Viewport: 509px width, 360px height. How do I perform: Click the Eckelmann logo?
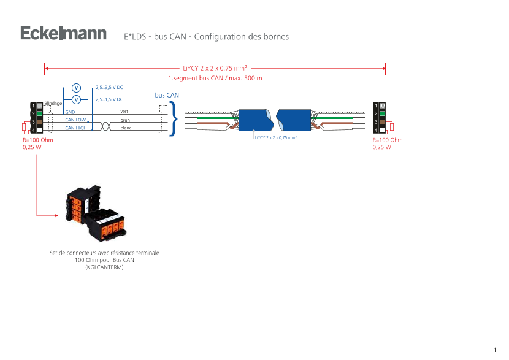coord(63,34)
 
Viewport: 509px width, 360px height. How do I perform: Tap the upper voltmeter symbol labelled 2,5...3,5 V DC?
coord(76,88)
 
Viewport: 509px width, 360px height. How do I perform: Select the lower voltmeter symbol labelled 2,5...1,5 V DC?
coord(76,99)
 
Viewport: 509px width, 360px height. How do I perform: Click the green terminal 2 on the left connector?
coord(39,113)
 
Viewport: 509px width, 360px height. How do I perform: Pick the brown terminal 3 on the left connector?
coord(39,122)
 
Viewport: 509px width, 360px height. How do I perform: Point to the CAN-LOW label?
coord(76,120)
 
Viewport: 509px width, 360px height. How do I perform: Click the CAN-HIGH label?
coord(76,128)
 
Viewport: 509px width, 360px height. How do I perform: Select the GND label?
coord(70,112)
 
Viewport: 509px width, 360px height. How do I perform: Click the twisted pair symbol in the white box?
coord(105,125)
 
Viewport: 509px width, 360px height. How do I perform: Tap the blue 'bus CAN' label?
coord(167,95)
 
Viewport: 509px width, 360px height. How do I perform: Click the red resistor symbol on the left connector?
coord(25,128)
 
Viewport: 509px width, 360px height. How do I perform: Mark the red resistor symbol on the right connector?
coord(392,127)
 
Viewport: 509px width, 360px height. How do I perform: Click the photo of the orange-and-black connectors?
coord(96,213)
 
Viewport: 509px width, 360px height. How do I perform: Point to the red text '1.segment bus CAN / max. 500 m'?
coord(215,79)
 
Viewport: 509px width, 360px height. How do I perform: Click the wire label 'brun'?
coord(125,120)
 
